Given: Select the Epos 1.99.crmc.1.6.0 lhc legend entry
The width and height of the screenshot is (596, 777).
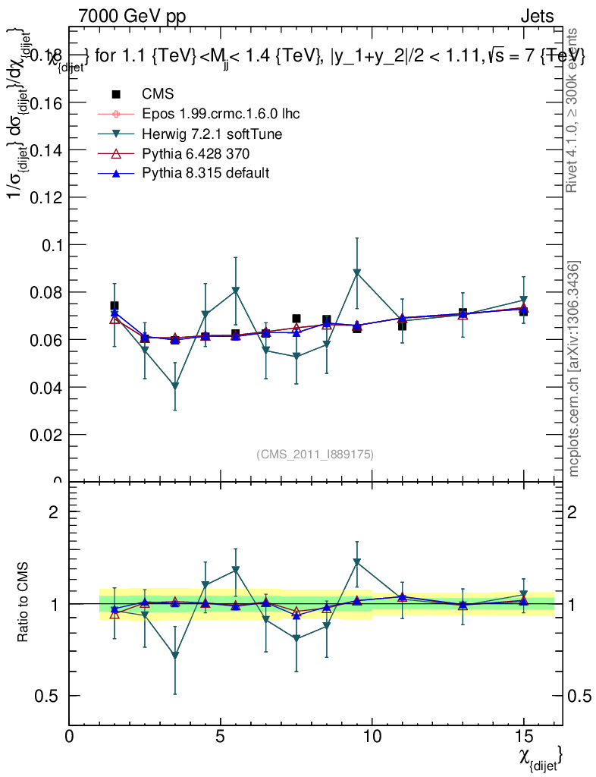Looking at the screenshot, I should (x=221, y=114).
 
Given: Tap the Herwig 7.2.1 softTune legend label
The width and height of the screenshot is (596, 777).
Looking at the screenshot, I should (x=212, y=134).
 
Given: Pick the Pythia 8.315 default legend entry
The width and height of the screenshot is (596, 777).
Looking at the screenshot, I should (x=205, y=173).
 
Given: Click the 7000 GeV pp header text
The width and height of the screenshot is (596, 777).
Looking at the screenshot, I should (x=132, y=16).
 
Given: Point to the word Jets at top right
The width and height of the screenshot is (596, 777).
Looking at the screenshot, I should (x=537, y=16).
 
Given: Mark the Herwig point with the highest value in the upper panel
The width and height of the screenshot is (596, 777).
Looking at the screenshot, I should (x=356, y=272).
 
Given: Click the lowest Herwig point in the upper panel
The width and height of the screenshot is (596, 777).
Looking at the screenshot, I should (x=175, y=386).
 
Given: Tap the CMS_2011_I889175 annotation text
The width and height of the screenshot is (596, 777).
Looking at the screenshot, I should (x=315, y=454).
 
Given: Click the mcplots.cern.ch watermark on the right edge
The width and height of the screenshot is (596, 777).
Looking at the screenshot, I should (x=575, y=369).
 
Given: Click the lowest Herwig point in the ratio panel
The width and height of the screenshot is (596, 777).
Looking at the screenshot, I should (x=175, y=656).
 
